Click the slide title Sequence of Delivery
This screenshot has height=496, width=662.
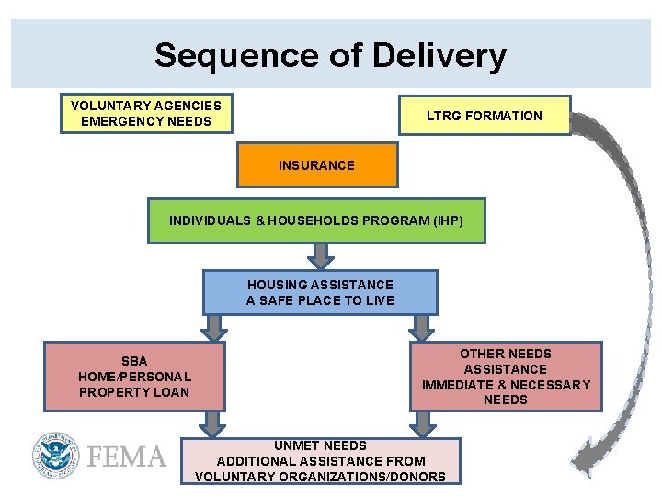pos(330,55)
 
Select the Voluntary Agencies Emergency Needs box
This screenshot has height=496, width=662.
pos(146,114)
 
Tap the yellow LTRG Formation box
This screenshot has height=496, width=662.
pos(484,116)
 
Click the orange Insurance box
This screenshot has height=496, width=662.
pos(316,165)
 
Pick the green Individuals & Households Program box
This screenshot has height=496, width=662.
pos(316,220)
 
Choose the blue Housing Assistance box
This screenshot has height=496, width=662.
pos(319,292)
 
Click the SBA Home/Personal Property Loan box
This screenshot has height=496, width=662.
pos(134,377)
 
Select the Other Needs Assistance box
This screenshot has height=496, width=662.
pos(506,377)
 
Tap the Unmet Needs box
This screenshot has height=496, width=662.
pos(320,460)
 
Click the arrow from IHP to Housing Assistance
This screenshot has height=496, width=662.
pos(320,255)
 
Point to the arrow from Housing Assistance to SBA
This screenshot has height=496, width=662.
pos(214,327)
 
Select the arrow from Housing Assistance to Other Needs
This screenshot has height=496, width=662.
pos(422,327)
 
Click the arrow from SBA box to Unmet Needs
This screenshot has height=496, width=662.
pos(213,423)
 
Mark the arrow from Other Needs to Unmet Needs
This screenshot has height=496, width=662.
pos(422,423)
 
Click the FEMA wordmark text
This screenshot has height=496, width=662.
pos(127,457)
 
